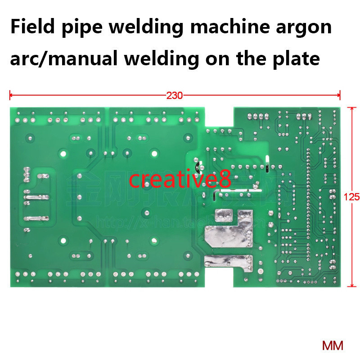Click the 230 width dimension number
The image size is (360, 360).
point(175,95)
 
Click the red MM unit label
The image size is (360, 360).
point(333,346)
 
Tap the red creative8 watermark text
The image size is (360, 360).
point(180,179)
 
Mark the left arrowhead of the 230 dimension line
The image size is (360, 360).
point(11,95)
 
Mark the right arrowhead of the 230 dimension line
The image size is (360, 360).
point(338,95)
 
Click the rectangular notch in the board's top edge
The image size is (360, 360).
point(219,117)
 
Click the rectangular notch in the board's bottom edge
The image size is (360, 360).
point(219,279)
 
